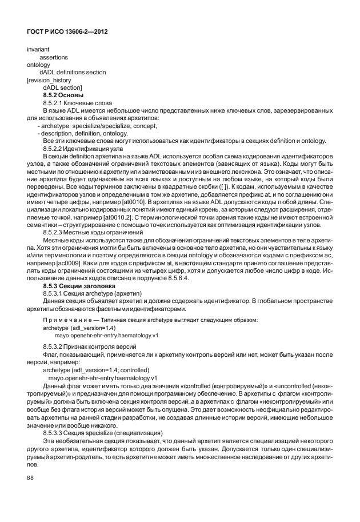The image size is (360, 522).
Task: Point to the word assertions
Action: [54, 57]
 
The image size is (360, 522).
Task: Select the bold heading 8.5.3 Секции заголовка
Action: [79, 284]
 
